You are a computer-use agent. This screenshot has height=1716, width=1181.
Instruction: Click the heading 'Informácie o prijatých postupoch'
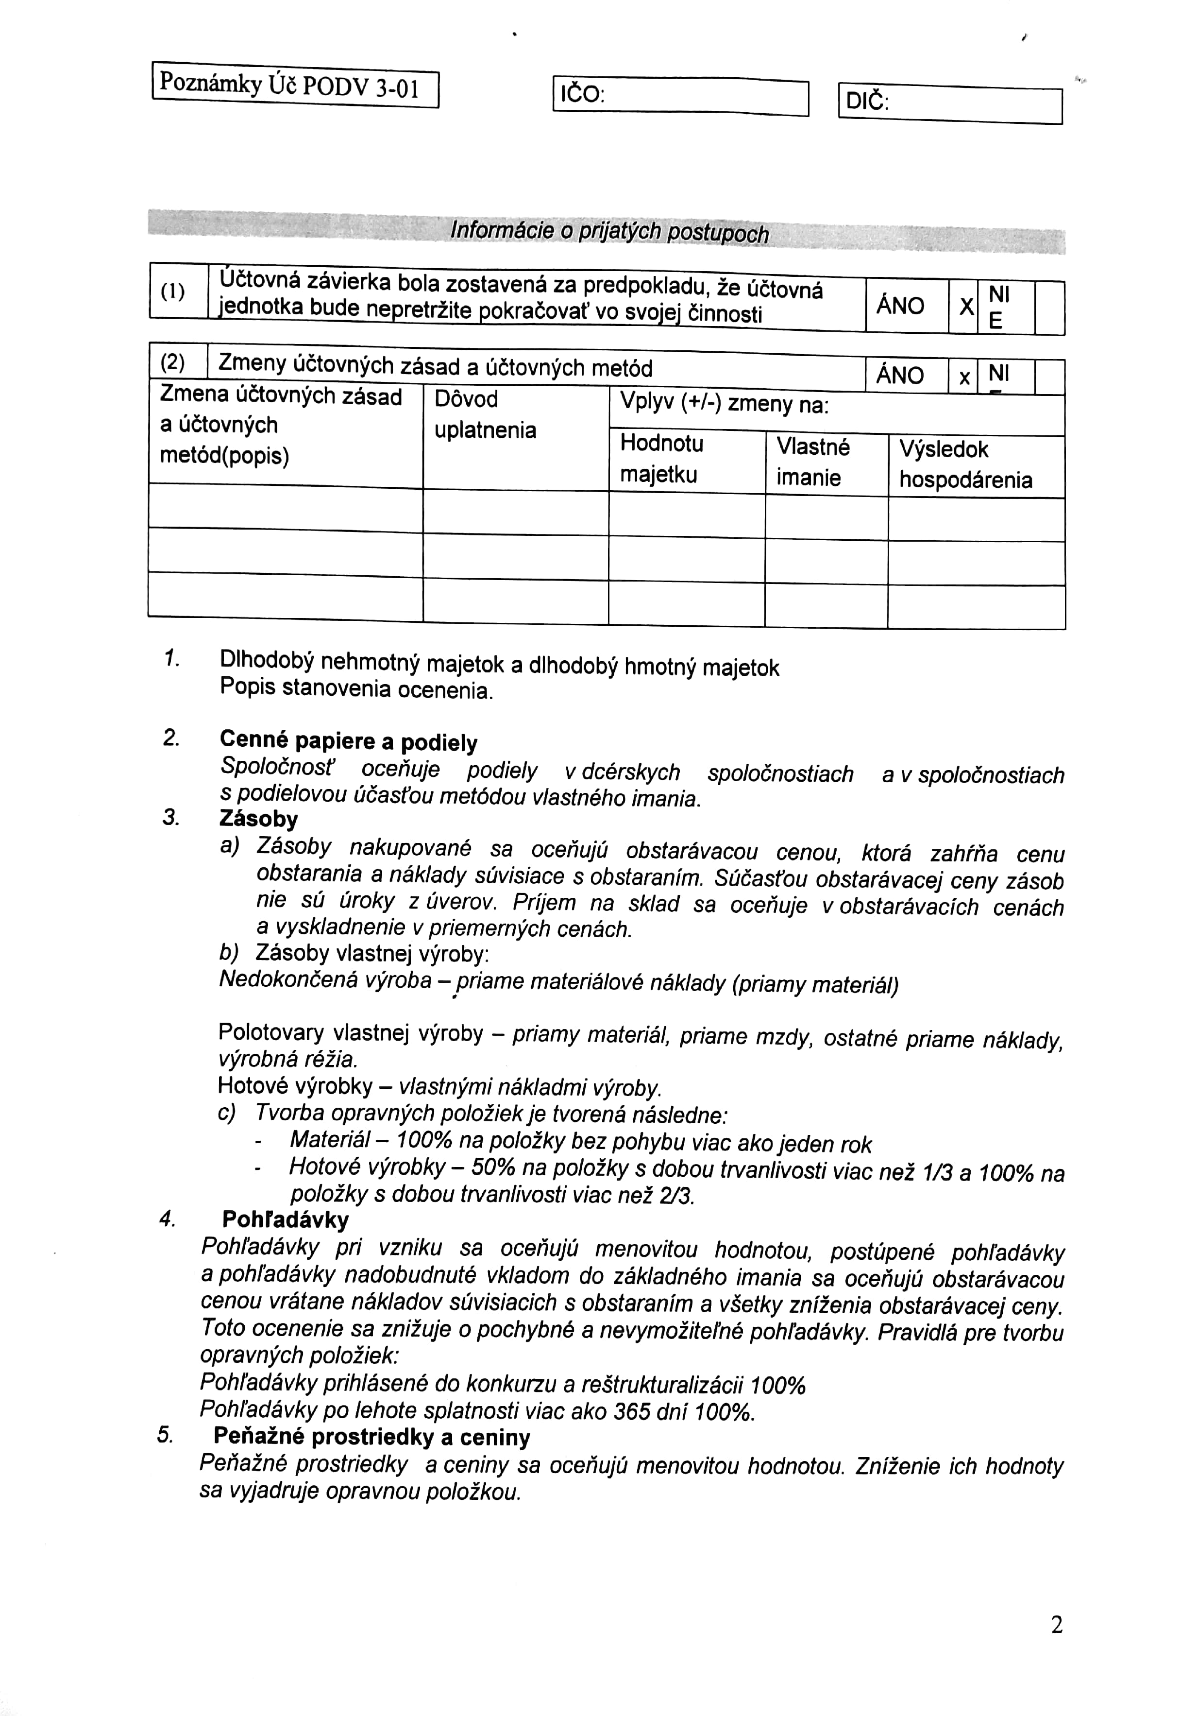coord(610,233)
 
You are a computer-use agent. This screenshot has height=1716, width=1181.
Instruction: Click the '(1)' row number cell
coord(173,292)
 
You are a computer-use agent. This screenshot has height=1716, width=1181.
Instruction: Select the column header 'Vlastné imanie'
coord(812,462)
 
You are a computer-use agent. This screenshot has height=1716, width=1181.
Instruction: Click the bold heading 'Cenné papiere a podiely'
coord(349,742)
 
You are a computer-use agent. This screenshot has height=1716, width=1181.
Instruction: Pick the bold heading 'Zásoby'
coord(259,820)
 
